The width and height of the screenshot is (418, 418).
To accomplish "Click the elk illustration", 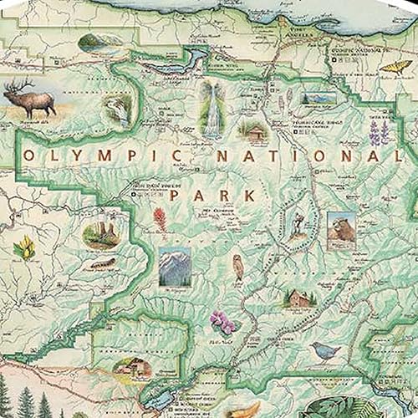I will (x=30, y=98).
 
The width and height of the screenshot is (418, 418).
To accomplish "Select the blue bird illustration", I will (x=325, y=349).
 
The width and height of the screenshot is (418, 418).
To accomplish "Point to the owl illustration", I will (x=237, y=268).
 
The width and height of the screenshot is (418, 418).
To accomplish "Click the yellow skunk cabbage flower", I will (x=23, y=247).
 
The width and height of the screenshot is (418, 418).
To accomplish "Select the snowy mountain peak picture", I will (x=174, y=266).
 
